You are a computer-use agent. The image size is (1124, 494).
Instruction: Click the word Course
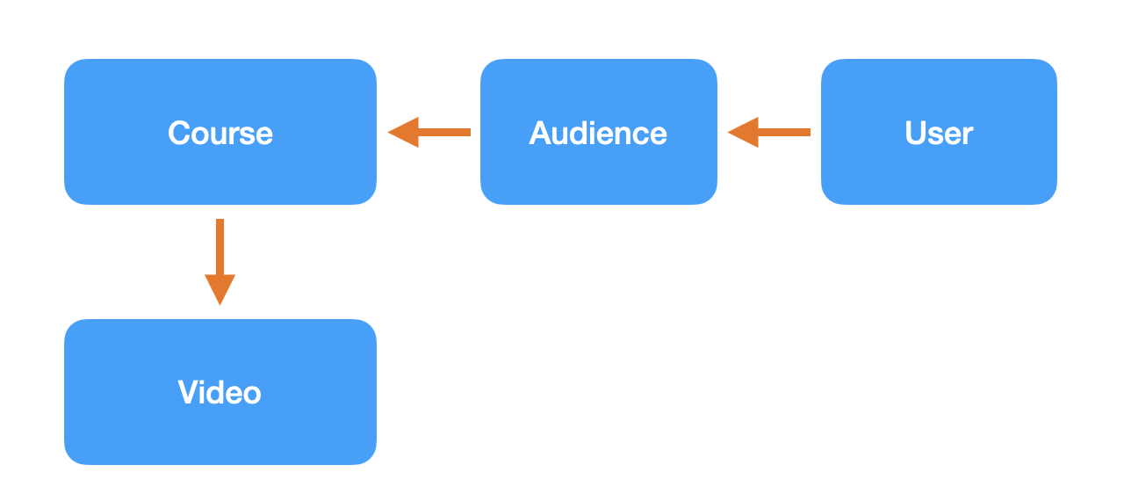tap(220, 133)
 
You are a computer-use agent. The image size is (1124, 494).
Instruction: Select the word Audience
tap(598, 133)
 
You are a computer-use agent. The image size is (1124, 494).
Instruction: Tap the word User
tap(939, 133)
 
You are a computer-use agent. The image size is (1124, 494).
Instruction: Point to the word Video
tap(220, 392)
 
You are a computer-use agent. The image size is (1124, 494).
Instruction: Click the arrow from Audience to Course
tap(429, 133)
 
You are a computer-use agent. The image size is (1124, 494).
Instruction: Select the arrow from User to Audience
tap(769, 133)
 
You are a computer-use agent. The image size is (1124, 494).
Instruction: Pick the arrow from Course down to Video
tap(220, 261)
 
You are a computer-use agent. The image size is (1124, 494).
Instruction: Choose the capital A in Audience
tap(540, 133)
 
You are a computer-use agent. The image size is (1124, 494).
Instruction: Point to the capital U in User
tap(916, 133)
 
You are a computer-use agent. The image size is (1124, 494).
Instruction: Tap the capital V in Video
tap(189, 392)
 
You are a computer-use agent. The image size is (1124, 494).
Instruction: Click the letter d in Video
tap(216, 392)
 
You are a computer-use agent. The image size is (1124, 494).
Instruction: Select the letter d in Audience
tap(582, 133)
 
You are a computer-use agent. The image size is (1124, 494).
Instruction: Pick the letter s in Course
tap(244, 134)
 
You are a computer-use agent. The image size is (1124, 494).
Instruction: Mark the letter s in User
tap(937, 134)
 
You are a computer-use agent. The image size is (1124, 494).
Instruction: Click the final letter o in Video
tap(251, 393)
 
